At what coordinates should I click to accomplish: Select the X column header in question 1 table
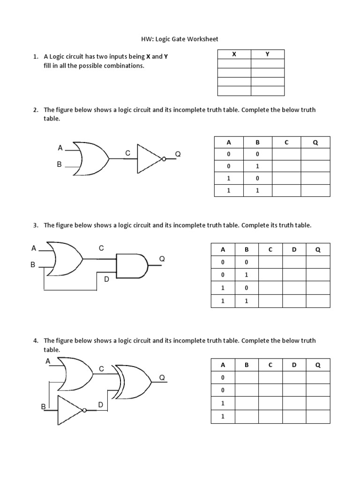234,54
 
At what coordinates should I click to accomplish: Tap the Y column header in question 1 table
267,54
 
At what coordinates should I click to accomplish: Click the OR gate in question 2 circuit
90,158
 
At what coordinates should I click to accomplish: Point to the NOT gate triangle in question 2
149,159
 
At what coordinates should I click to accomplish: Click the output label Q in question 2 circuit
178,154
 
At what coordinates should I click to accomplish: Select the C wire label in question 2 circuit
127,153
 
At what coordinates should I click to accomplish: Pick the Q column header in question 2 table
315,142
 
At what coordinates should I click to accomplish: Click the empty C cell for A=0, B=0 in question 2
286,155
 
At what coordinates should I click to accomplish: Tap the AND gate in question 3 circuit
132,266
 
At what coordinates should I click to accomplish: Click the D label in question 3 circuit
106,279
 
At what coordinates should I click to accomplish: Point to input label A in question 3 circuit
34,248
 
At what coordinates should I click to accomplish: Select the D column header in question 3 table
294,250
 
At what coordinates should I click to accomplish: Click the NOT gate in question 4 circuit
70,410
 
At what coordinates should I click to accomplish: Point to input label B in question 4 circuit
43,407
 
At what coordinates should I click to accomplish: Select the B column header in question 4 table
247,365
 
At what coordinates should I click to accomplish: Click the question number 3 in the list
35,225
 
